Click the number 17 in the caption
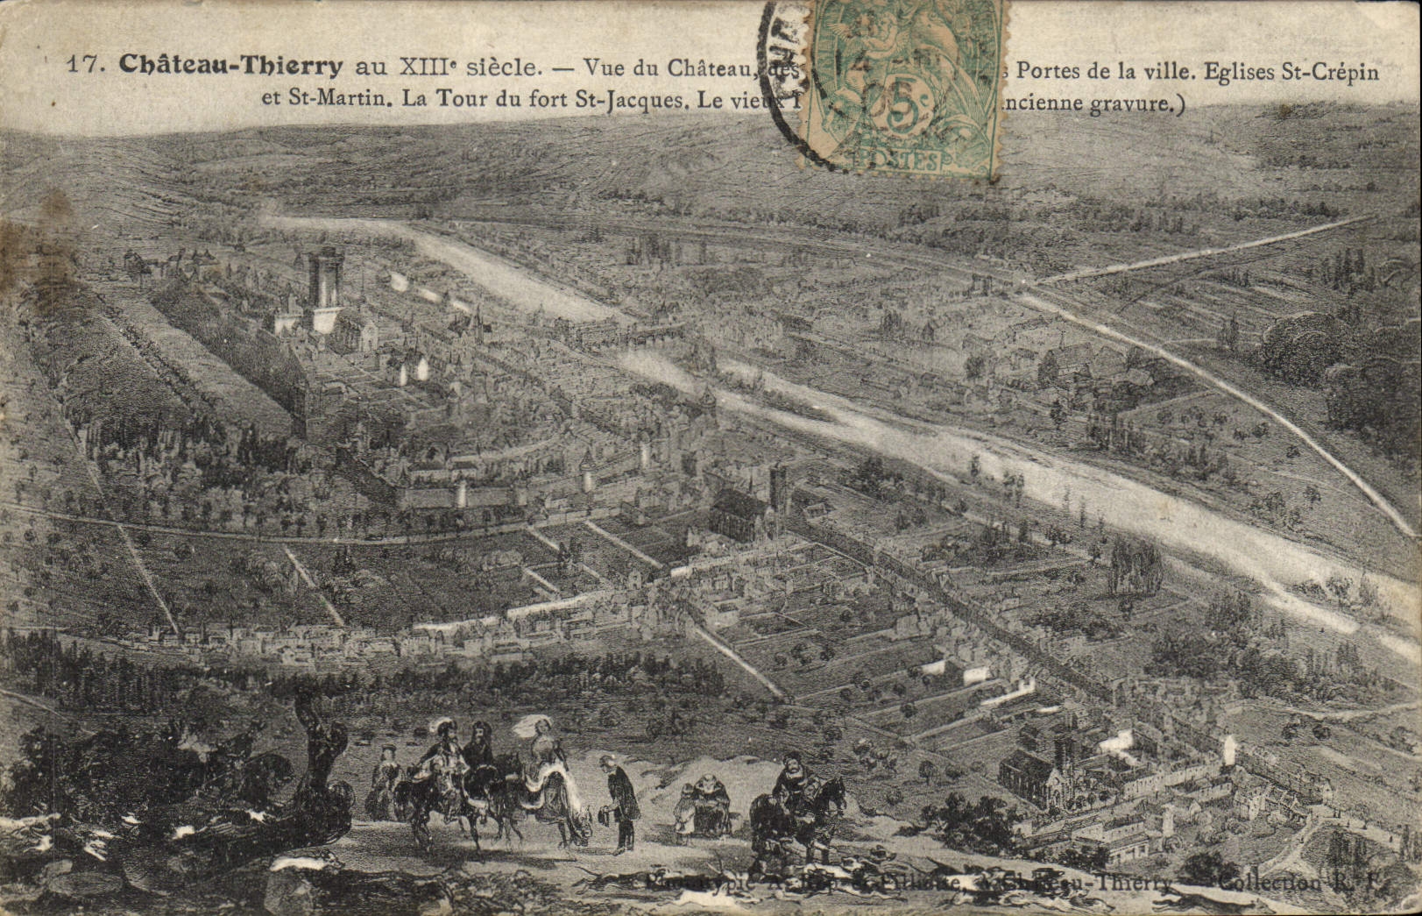(x=84, y=63)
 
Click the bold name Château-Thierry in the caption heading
(x=230, y=64)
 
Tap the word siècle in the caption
(x=510, y=65)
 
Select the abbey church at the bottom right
(x=1043, y=776)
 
